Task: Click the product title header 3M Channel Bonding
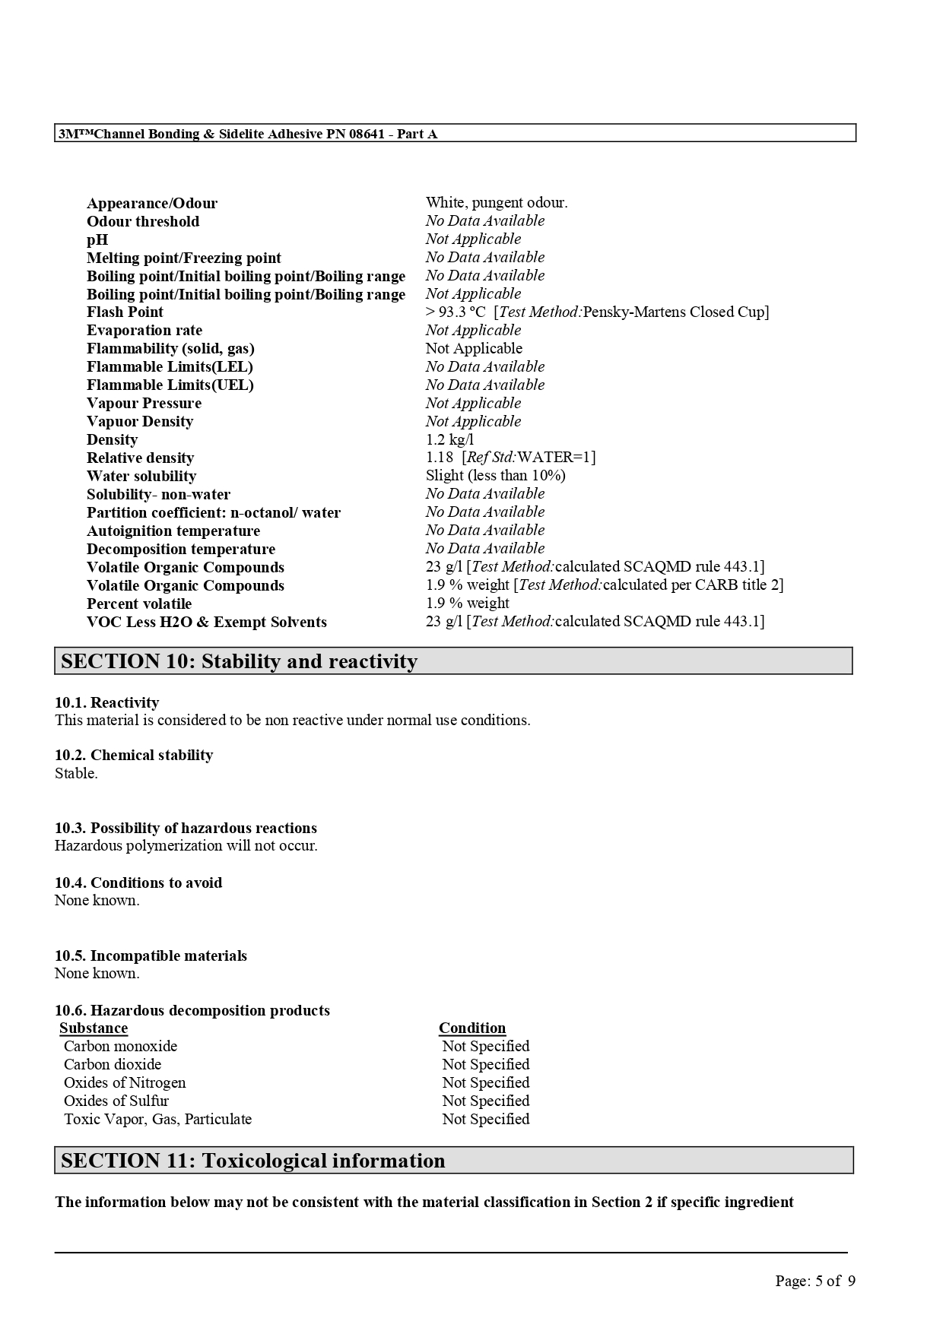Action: (x=248, y=134)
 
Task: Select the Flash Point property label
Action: (x=125, y=312)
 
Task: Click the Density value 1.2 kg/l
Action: (x=449, y=439)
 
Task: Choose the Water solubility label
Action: (x=141, y=476)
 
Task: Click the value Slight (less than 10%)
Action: (x=495, y=475)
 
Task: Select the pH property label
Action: (x=97, y=239)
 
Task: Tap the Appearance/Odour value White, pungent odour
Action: (x=497, y=202)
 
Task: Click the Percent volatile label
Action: (x=139, y=604)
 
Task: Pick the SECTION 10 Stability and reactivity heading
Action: (x=239, y=661)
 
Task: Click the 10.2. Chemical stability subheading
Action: (x=134, y=755)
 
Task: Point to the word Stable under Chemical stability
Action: (x=76, y=773)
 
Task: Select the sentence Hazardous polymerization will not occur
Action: (x=186, y=845)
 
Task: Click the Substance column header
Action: (x=94, y=1028)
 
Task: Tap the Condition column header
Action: (x=472, y=1028)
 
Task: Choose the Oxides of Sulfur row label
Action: (x=116, y=1101)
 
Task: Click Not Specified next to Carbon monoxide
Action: (x=486, y=1046)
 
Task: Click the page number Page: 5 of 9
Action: (x=815, y=1281)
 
